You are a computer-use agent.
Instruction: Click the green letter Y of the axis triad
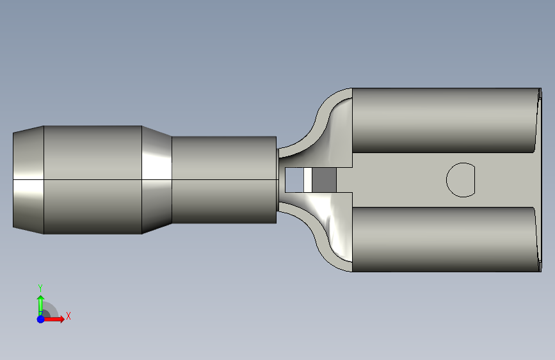tap(40, 288)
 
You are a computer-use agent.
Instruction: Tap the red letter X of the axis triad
tap(68, 316)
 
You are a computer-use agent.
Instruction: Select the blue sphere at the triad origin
tap(41, 319)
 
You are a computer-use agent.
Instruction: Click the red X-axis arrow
tap(54, 319)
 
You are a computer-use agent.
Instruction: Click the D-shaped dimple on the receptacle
tap(460, 180)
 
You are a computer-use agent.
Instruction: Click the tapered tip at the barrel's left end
tap(28, 179)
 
